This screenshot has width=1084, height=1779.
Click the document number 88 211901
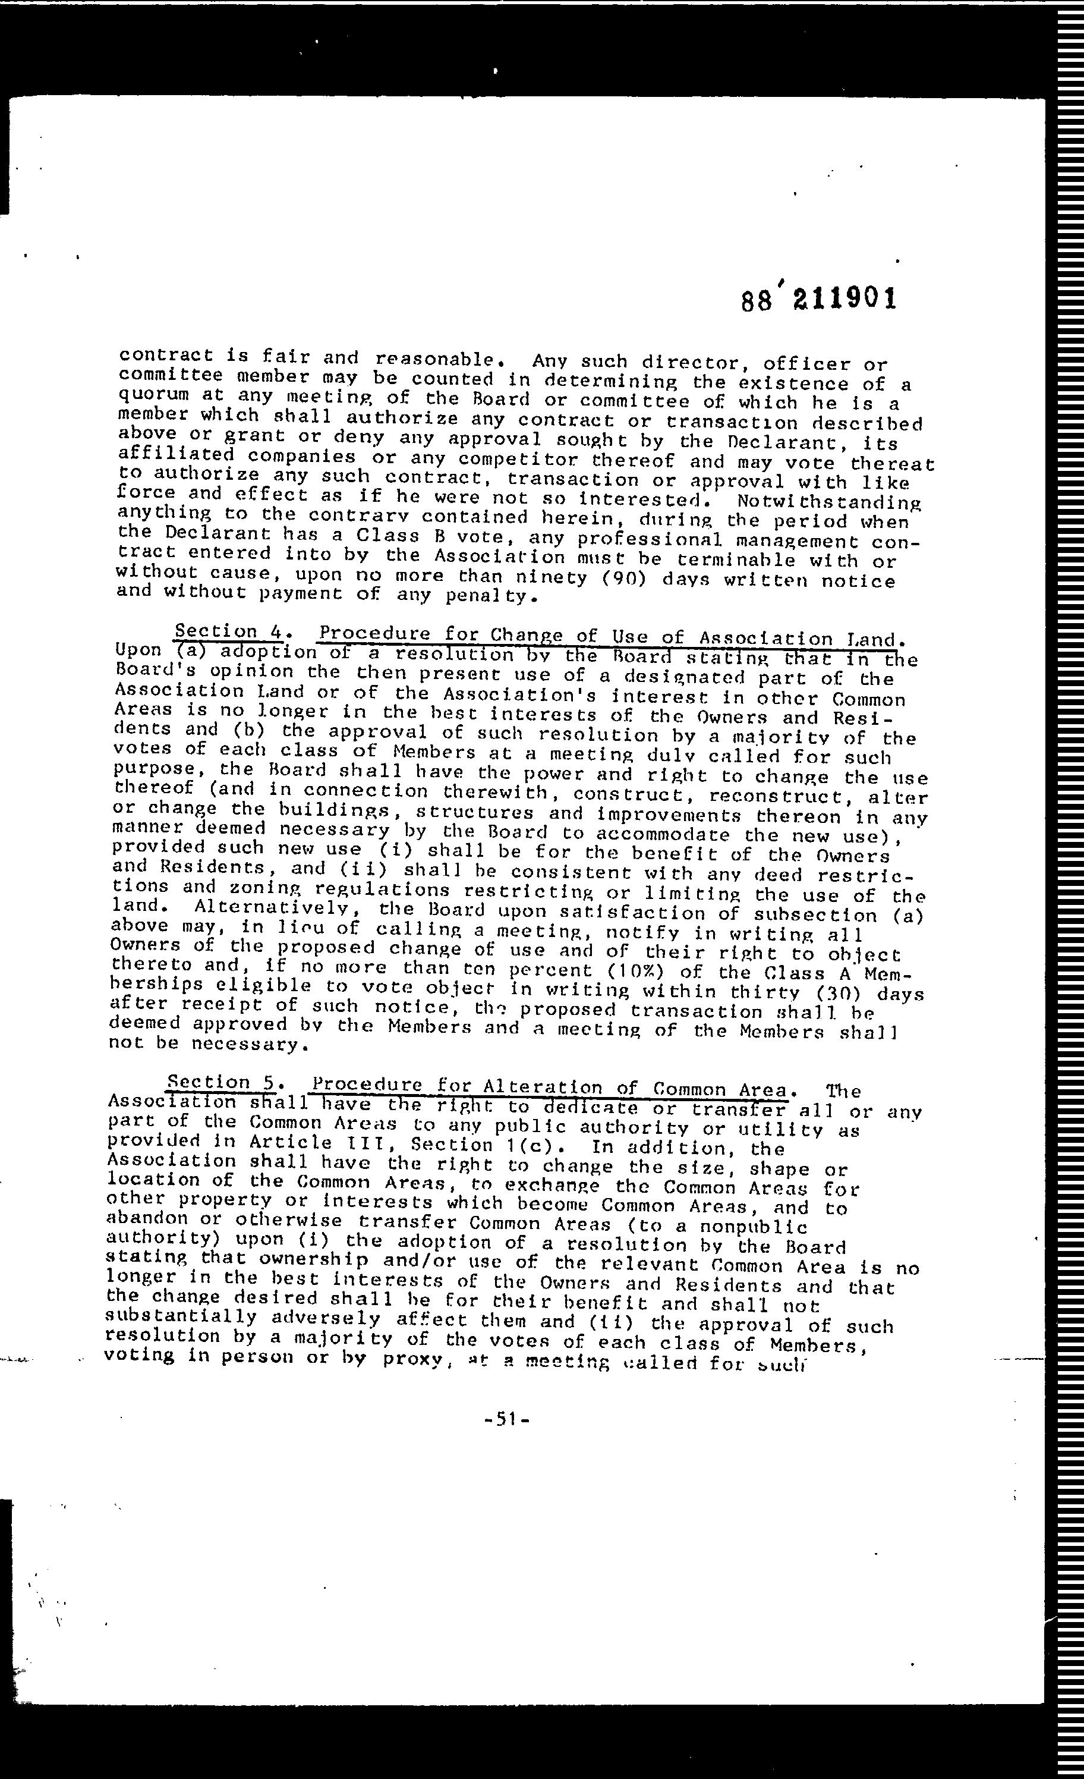(x=819, y=298)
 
